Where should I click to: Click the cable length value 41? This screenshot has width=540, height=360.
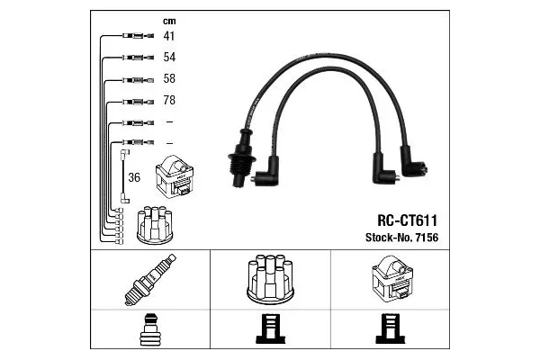point(168,37)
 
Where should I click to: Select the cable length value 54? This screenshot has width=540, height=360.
point(168,58)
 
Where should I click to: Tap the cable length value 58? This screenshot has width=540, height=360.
point(168,79)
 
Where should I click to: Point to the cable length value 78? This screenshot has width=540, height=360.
point(168,100)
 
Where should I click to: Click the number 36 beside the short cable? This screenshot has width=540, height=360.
point(133,177)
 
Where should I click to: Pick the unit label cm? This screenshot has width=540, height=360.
point(168,21)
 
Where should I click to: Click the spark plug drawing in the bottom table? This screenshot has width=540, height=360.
point(148,280)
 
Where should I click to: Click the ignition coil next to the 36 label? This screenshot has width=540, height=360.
point(178,178)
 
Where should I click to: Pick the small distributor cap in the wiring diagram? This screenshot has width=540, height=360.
point(153,226)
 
